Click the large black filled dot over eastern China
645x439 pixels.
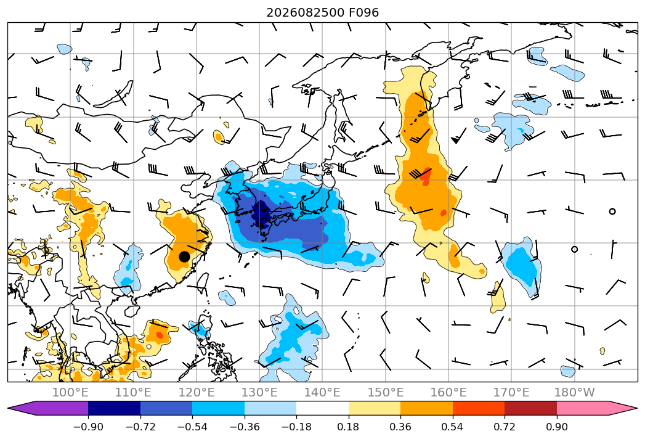pyautogui.click(x=184, y=256)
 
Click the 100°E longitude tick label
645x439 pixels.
pyautogui.click(x=70, y=393)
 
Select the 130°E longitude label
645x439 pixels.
pyautogui.click(x=259, y=393)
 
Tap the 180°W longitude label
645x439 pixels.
pyautogui.click(x=574, y=393)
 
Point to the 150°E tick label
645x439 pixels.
pyautogui.click(x=386, y=393)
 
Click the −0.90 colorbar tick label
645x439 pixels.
pyautogui.click(x=88, y=427)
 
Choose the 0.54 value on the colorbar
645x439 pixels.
pyautogui.click(x=453, y=427)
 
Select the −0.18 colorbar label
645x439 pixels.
pyautogui.click(x=296, y=427)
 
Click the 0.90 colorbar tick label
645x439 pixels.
pyautogui.click(x=556, y=427)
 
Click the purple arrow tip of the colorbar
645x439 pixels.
pyautogui.click(x=8, y=408)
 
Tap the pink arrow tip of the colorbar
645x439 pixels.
pyautogui.click(x=637, y=408)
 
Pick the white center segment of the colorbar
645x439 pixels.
pyautogui.click(x=323, y=408)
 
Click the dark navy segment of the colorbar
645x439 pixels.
pyautogui.click(x=115, y=408)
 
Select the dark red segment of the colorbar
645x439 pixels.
pyautogui.click(x=530, y=408)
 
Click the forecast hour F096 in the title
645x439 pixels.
pyautogui.click(x=363, y=13)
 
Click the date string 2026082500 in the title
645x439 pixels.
pyautogui.click(x=305, y=13)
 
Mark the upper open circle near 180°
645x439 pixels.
pyautogui.click(x=612, y=211)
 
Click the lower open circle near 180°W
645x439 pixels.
pyautogui.click(x=574, y=249)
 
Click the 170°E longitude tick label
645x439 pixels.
pyautogui.click(x=511, y=393)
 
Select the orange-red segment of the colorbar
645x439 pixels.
pyautogui.click(x=479, y=408)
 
